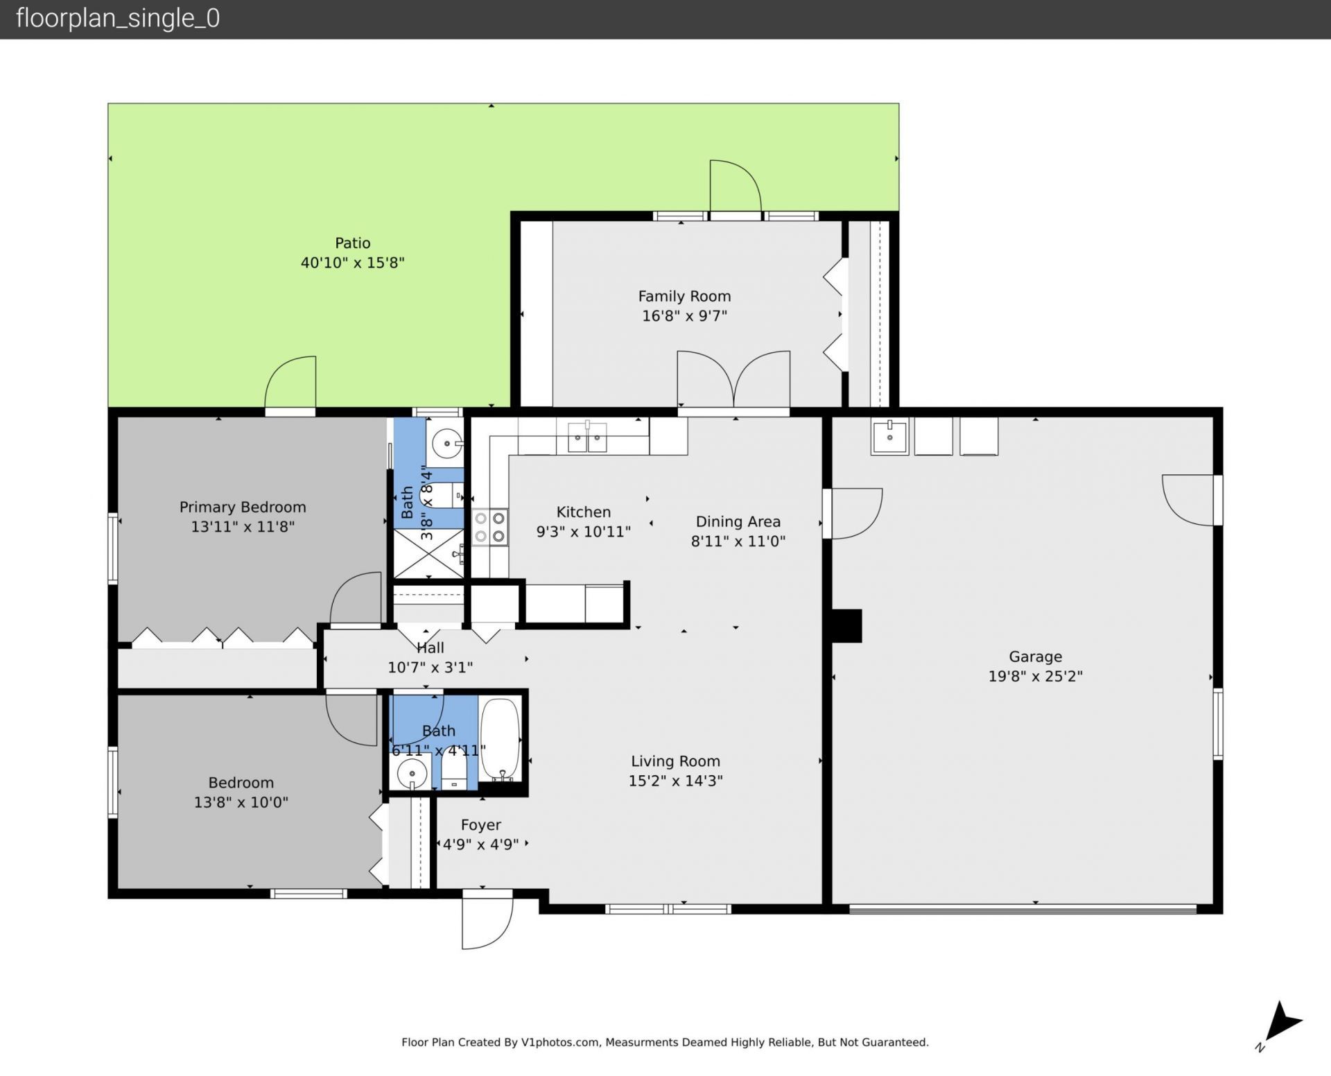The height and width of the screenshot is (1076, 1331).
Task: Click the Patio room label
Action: (352, 243)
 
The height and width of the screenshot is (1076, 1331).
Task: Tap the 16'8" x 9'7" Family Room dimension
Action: (684, 316)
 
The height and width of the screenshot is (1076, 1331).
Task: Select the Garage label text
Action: (1035, 657)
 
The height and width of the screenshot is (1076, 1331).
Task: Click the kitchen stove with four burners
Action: (490, 527)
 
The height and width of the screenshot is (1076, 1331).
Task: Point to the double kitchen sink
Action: (587, 437)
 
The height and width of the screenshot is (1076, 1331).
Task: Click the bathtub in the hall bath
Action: (500, 739)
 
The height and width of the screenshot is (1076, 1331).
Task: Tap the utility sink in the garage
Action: (889, 436)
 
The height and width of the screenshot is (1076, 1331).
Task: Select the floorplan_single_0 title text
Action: (118, 18)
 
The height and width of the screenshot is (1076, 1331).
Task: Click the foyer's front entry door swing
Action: (487, 922)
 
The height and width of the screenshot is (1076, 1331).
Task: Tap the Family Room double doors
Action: (733, 380)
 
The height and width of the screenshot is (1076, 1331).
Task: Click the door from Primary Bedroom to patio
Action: (291, 383)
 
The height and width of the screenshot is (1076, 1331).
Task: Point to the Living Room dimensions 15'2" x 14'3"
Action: (675, 781)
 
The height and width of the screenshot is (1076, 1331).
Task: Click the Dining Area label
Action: (738, 521)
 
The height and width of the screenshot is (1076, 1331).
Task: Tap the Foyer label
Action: (480, 825)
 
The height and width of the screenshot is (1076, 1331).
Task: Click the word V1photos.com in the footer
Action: (560, 1042)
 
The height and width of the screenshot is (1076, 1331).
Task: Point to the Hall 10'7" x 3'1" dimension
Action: (430, 668)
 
